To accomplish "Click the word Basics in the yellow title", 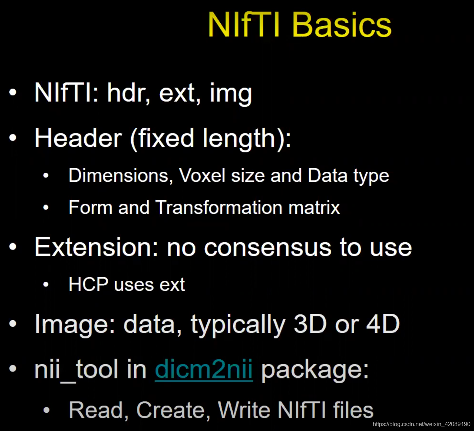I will point(342,25).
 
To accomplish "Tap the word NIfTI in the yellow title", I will point(244,25).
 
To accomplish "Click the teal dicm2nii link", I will point(204,369).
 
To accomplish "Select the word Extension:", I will point(97,247).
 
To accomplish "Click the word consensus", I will point(268,248).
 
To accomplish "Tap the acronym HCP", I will point(88,284).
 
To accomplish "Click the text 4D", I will point(383,324).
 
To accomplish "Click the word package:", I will point(315,370).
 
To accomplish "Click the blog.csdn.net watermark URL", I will point(421,424).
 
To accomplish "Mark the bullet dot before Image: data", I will point(13,324).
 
